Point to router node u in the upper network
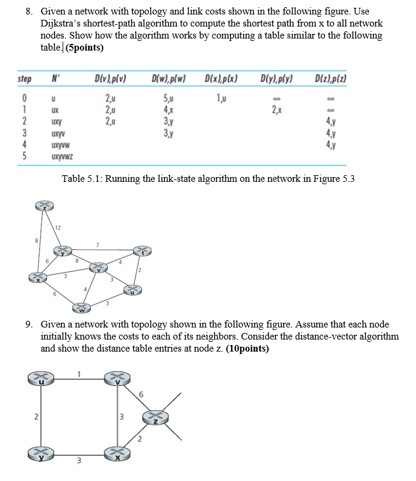coord(133,291)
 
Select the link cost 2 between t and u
coord(140,270)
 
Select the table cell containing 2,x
coord(276,110)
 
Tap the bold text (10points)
coord(247,349)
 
